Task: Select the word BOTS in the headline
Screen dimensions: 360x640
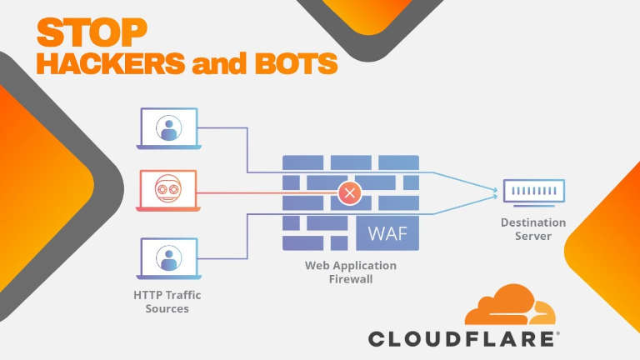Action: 284,65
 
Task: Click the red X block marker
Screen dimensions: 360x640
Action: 350,195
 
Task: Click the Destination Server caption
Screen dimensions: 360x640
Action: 533,229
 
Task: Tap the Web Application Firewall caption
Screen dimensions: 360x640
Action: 350,272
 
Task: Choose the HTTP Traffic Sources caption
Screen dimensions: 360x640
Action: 167,302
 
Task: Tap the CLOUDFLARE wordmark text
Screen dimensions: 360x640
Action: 463,338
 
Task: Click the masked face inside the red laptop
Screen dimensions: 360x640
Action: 169,191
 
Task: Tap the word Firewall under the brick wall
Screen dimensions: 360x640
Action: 350,280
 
